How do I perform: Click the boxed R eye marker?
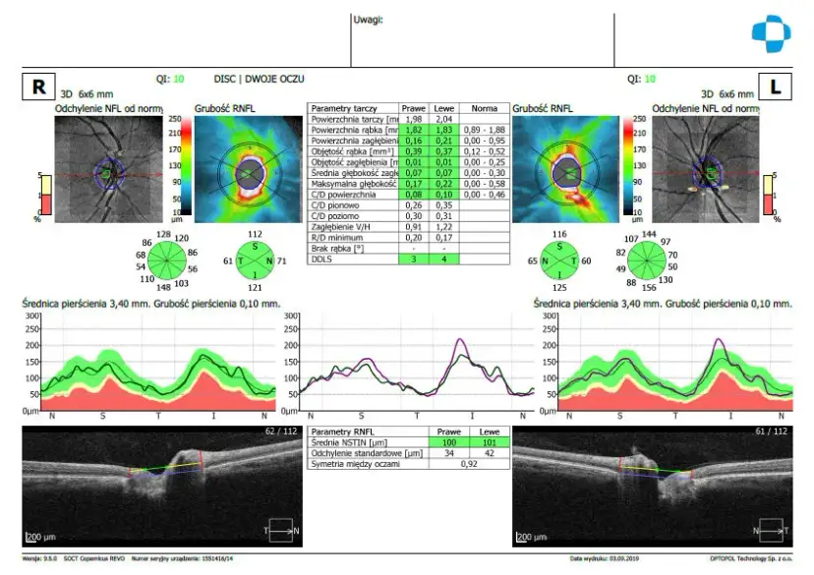(x=38, y=86)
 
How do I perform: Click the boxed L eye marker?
(x=775, y=86)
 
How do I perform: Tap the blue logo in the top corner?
(x=771, y=33)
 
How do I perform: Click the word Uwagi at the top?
(x=368, y=19)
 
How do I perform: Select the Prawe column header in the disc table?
(x=413, y=107)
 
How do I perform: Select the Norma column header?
(x=485, y=107)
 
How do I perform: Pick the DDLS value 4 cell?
(x=443, y=259)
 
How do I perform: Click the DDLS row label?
(x=320, y=259)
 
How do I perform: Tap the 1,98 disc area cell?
(x=413, y=118)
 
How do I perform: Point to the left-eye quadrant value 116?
(x=560, y=234)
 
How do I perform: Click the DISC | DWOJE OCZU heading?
(x=259, y=77)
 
